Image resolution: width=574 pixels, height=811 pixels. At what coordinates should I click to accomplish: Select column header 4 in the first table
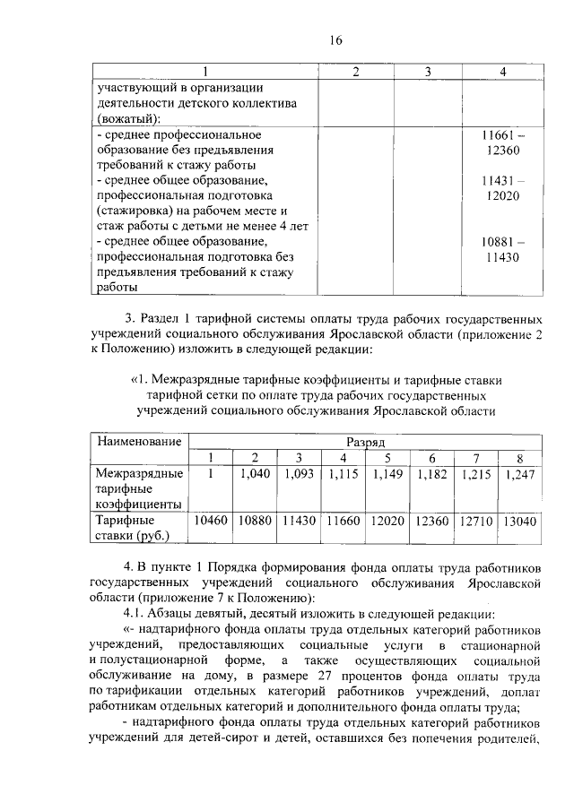502,72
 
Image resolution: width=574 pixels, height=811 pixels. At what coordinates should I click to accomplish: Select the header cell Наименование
139,442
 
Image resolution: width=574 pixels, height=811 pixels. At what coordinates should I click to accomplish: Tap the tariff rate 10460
211,521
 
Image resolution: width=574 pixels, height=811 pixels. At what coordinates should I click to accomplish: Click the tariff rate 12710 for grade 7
475,521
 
